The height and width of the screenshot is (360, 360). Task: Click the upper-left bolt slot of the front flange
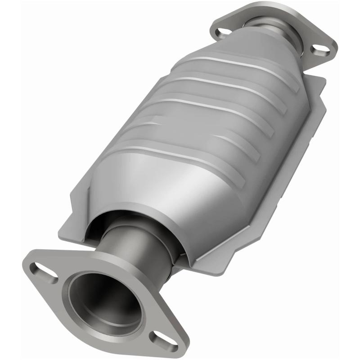coord(44,271)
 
